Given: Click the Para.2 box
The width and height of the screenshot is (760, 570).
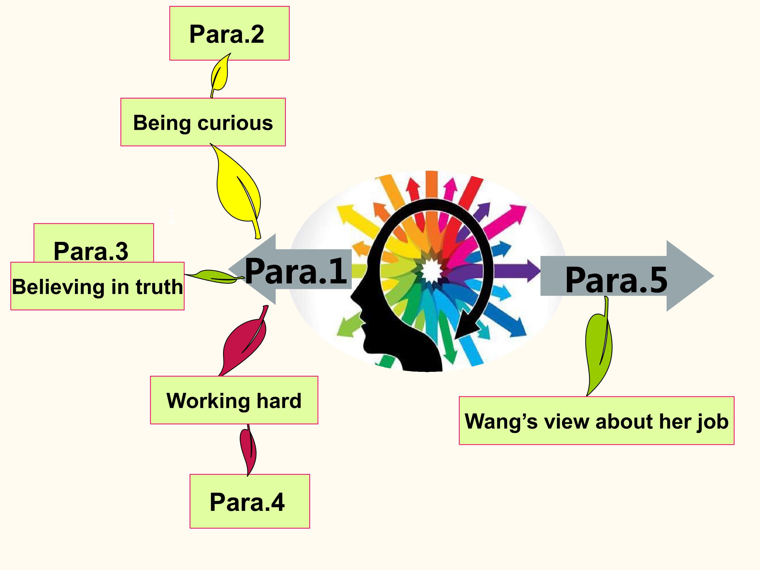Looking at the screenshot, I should tap(229, 33).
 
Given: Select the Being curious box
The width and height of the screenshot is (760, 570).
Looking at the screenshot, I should tap(203, 122).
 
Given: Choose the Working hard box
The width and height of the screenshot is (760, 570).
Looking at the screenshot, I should tap(234, 400).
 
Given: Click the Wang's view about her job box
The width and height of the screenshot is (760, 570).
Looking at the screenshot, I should tap(596, 421).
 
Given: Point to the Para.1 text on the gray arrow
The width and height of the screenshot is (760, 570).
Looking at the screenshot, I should tap(296, 272).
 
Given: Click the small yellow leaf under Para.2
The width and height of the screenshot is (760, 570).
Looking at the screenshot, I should tap(220, 74).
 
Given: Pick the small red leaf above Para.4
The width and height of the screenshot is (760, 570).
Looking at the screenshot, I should tap(248, 450).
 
